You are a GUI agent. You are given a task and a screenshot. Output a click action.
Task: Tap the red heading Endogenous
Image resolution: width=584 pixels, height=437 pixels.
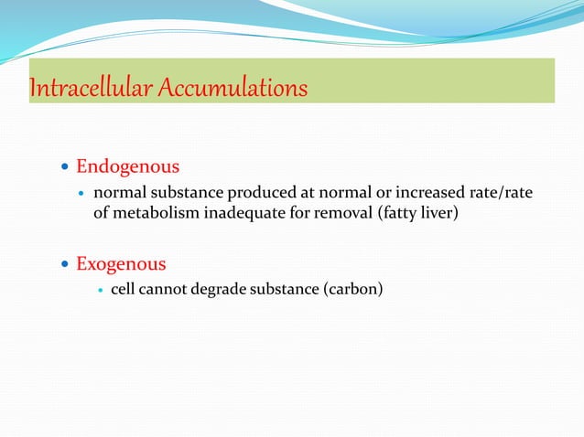tap(127, 167)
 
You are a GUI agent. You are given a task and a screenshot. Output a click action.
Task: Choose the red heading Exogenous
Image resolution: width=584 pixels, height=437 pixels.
tap(121, 264)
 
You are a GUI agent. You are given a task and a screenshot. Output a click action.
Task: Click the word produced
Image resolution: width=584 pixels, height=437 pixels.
tap(258, 194)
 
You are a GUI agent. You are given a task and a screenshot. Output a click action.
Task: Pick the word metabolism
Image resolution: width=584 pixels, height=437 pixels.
tap(151, 214)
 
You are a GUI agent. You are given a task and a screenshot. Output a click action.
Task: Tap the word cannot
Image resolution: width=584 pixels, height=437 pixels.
tap(166, 291)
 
